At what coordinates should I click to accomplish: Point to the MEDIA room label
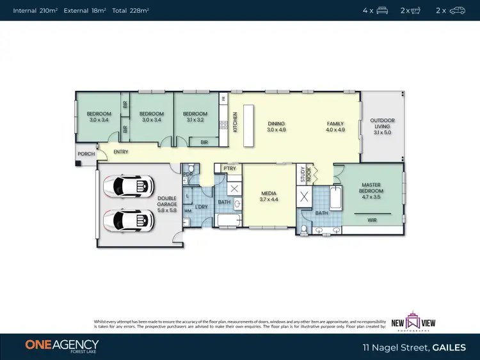[268, 196]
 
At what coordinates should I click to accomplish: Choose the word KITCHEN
[235, 121]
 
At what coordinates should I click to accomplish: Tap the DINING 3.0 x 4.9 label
[276, 127]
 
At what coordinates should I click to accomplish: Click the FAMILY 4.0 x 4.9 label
[335, 127]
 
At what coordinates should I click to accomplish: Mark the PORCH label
[86, 154]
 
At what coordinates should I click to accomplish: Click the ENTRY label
[121, 152]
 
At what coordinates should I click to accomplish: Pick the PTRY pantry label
[229, 168]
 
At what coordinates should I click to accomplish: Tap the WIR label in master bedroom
[372, 219]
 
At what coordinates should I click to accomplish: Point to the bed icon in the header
[382, 10]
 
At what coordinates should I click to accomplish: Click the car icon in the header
[457, 10]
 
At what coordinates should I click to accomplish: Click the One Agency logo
[62, 345]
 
